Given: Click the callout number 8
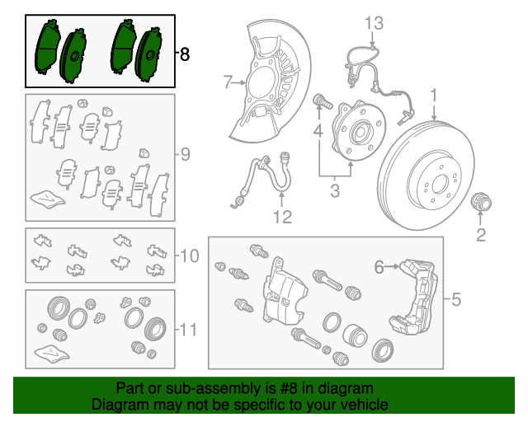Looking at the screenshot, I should [184, 54].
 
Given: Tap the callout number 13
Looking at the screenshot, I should [374, 22].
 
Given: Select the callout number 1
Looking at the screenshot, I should [432, 96].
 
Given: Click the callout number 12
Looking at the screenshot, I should [282, 218].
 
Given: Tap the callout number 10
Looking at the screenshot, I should [188, 256].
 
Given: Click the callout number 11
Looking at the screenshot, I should [188, 331].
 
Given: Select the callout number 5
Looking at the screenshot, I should [455, 299].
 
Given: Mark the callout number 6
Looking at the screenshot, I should [379, 266].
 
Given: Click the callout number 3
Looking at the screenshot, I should [335, 193].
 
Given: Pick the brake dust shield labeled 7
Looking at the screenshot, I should [272, 82].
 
